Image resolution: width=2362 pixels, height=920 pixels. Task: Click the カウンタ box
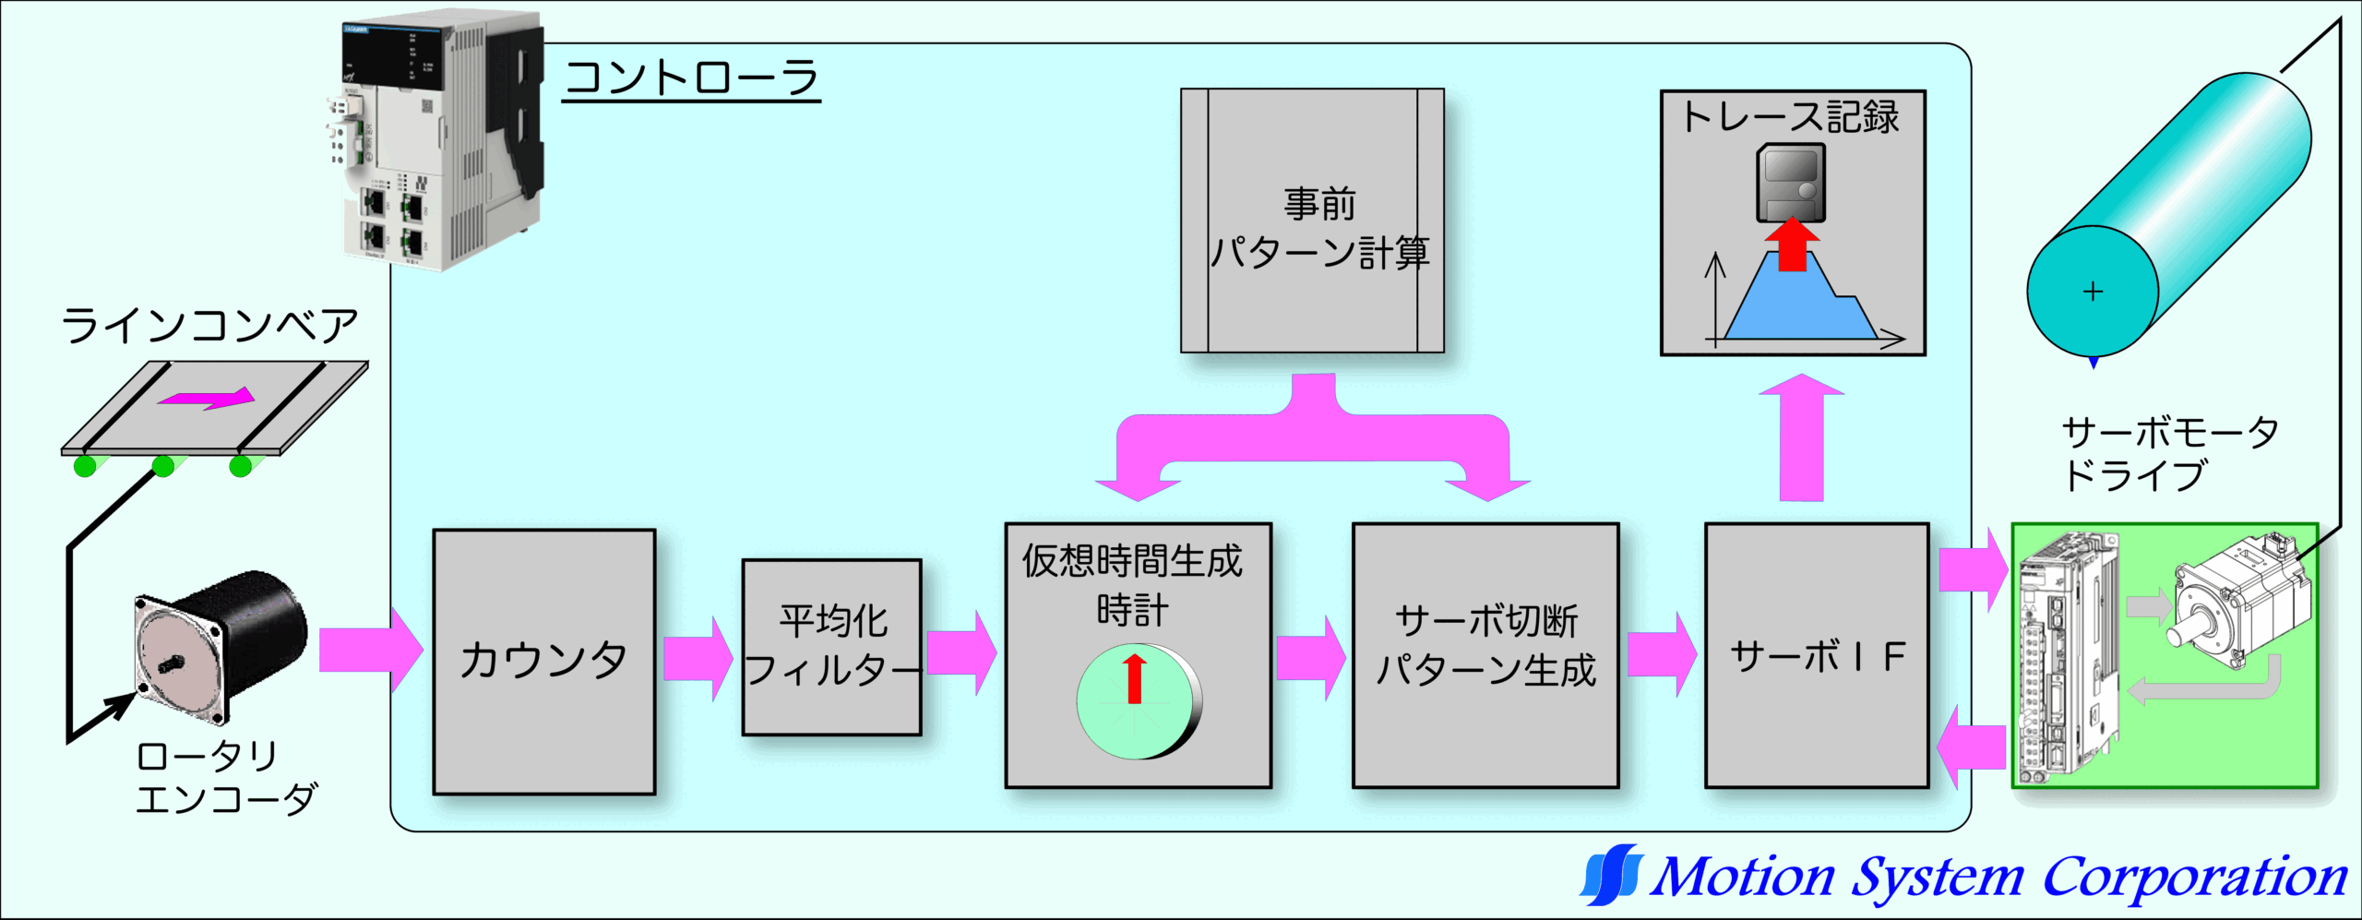(x=543, y=661)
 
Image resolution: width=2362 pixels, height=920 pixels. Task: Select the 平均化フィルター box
(x=831, y=647)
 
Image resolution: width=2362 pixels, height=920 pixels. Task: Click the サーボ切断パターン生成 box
(x=1485, y=655)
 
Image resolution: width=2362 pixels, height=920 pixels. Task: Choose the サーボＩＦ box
(x=1816, y=656)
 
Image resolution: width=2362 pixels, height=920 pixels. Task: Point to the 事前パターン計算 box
(x=1312, y=221)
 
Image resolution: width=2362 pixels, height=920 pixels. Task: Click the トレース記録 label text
(x=1791, y=117)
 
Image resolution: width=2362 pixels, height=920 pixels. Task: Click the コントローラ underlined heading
(x=691, y=78)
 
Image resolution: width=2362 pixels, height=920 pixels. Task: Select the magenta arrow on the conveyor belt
(x=207, y=399)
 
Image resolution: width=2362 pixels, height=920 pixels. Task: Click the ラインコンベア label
(x=209, y=326)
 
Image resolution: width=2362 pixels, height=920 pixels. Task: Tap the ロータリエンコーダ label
(x=226, y=777)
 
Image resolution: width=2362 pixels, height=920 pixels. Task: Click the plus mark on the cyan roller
(x=2093, y=293)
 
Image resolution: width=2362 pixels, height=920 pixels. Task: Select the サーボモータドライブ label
(x=2168, y=454)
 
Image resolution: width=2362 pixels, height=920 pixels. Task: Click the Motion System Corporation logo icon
(x=1612, y=874)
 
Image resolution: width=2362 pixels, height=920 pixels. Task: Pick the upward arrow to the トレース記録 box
(x=1801, y=437)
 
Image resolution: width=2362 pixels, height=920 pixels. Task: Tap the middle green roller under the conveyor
(x=163, y=466)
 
